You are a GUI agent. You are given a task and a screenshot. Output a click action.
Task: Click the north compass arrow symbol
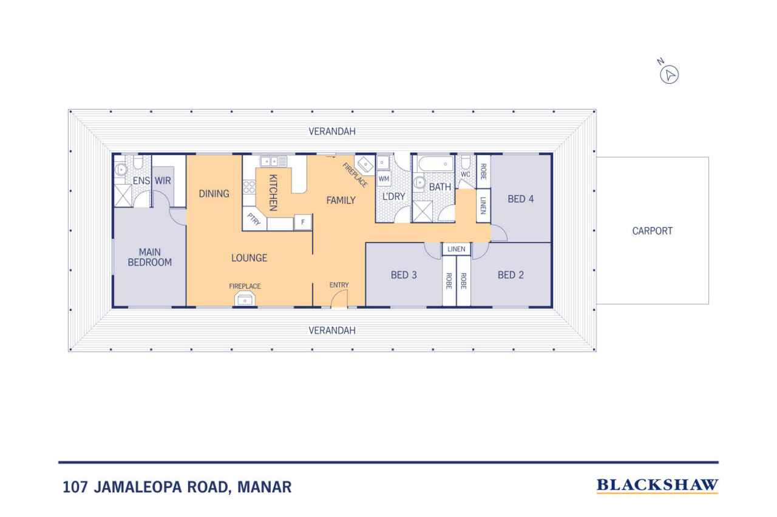pos(669,75)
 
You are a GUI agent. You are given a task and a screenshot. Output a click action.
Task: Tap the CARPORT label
pos(652,231)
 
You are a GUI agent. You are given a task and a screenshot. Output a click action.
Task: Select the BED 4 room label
pos(521,199)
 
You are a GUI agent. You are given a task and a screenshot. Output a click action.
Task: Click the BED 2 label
pos(511,275)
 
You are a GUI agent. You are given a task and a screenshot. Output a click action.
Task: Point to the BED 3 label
pos(404,275)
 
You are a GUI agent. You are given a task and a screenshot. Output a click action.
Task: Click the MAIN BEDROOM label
pos(150,258)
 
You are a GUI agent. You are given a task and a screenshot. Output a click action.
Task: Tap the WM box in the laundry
pos(384,179)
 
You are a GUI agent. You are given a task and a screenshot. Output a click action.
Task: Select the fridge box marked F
pos(303,222)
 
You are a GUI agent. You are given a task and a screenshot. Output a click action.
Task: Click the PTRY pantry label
pos(254,219)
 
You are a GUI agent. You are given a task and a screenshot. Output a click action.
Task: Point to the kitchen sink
pos(273,161)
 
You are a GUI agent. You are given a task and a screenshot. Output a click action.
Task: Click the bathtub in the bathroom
pos(436,164)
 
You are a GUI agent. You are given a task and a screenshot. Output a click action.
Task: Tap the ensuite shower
pos(123,196)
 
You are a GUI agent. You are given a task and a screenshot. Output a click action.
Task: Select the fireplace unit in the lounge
pos(245,299)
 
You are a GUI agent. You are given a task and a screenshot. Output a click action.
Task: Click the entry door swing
pos(339,298)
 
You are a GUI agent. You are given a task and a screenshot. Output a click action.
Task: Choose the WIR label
pos(163,181)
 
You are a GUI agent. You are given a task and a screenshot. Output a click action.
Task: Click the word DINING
pos(214,194)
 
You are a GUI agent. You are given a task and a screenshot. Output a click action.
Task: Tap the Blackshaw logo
pos(657,485)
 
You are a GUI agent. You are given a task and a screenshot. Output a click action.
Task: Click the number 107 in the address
pos(75,487)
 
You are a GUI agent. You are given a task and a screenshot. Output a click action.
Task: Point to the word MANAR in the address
pos(264,487)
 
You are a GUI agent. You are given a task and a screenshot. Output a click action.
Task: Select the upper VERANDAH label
pos(332,132)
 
